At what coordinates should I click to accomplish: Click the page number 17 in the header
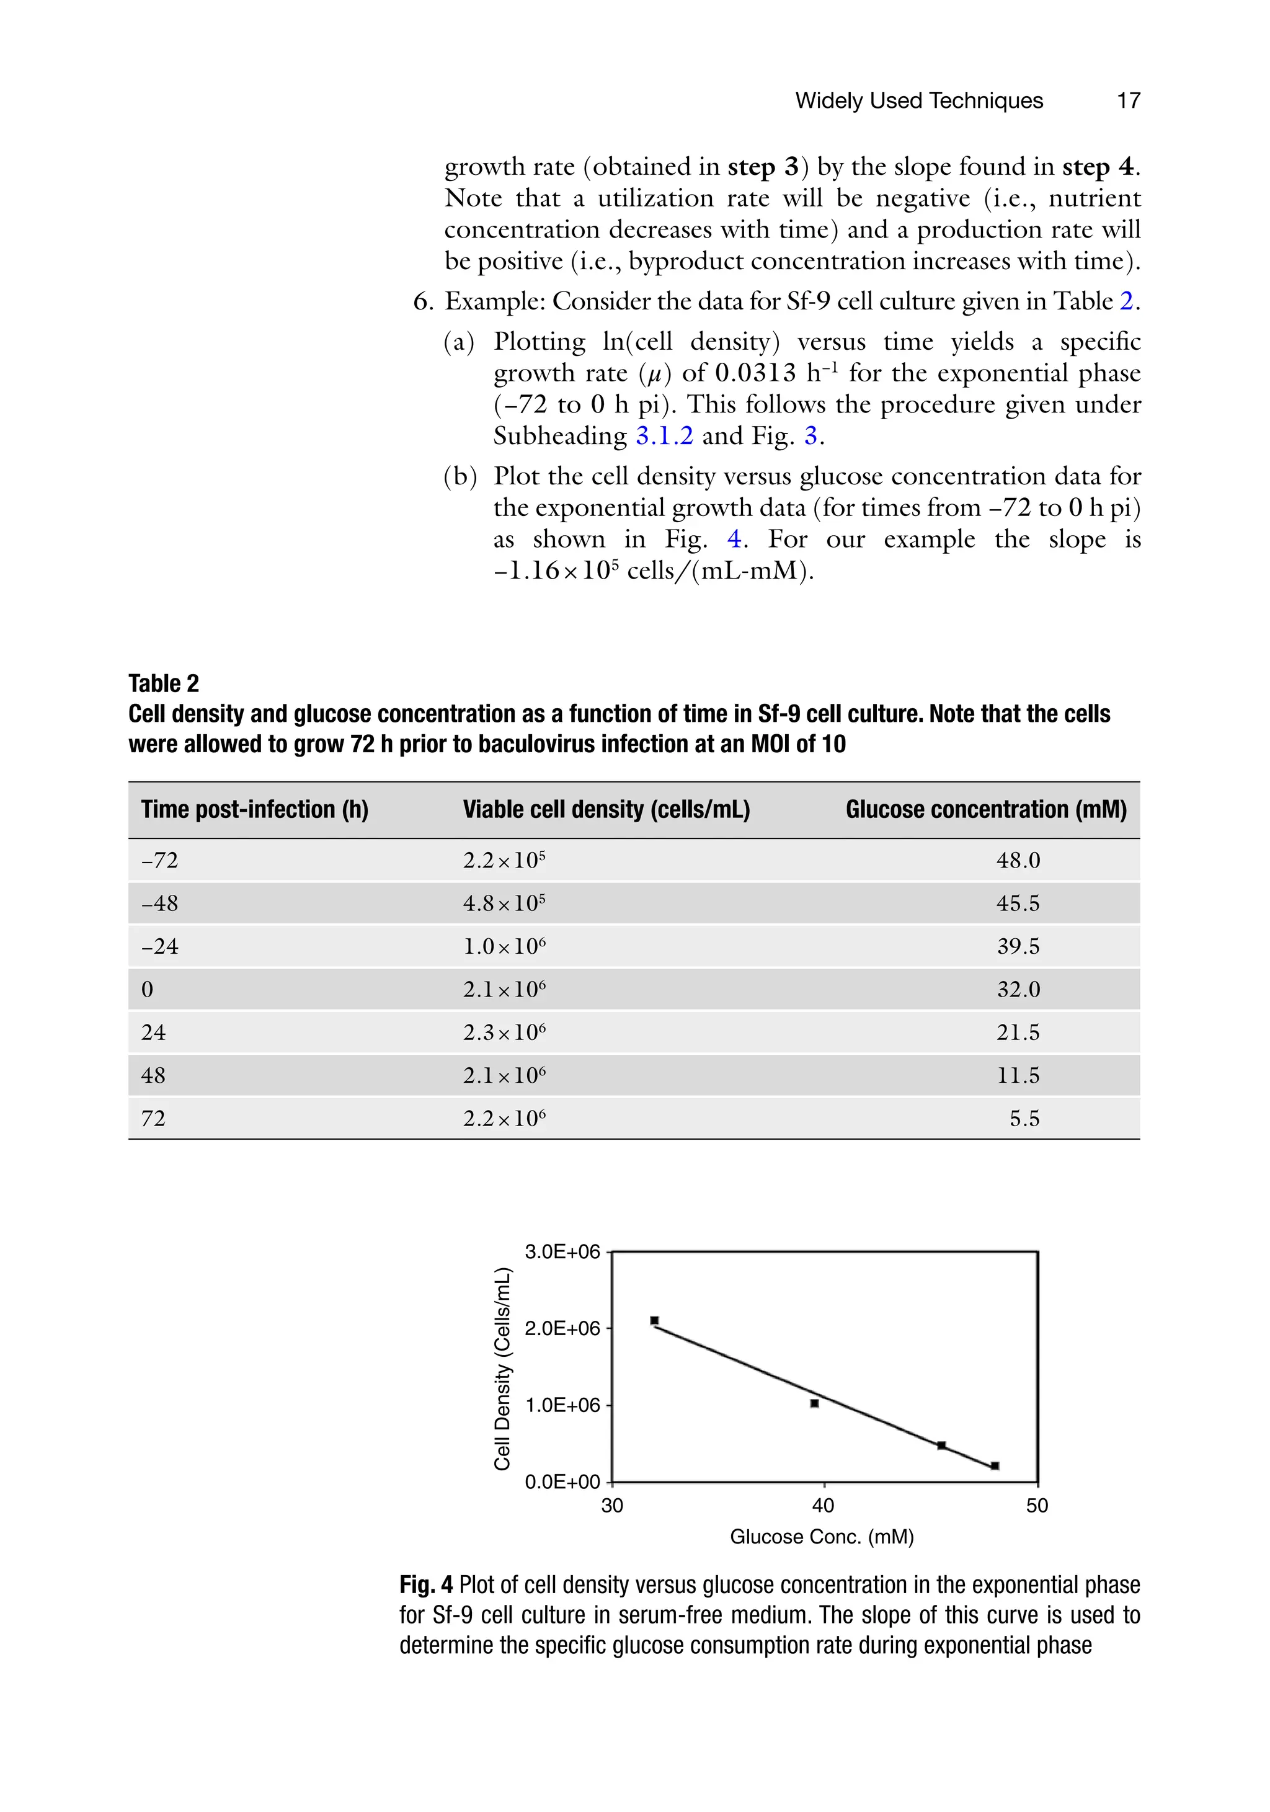[1128, 100]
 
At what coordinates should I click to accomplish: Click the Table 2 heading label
[163, 683]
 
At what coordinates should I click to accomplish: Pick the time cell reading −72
[159, 860]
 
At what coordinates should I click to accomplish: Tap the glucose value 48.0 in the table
[1018, 860]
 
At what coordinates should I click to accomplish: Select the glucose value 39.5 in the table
[1018, 946]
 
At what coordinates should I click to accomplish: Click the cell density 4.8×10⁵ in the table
[504, 903]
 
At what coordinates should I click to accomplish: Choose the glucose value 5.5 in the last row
[1024, 1118]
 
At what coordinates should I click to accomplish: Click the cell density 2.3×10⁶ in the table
[504, 1033]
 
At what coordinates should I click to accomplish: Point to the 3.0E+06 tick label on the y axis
[562, 1251]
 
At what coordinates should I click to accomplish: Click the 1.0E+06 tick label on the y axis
[562, 1405]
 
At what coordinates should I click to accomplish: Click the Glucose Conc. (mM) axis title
[822, 1537]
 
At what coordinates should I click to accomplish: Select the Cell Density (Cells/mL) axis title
[502, 1369]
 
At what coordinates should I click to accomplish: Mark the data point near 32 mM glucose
[654, 1320]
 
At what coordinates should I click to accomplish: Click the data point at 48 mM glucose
[995, 1465]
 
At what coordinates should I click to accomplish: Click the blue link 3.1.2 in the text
[664, 436]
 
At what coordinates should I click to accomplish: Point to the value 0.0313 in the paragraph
[756, 373]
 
